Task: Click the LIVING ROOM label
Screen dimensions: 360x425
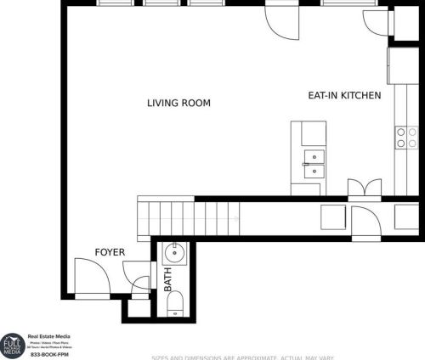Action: [x=178, y=104]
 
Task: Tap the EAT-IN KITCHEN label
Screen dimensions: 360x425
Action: [x=344, y=96]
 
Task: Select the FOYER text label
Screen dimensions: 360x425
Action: [x=110, y=252]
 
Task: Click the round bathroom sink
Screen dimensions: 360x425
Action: [x=173, y=252]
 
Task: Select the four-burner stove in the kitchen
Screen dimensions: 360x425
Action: [x=406, y=138]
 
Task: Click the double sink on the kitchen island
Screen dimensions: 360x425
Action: [x=313, y=163]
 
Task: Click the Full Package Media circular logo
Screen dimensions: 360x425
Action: [x=13, y=346]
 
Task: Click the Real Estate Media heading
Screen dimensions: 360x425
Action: [x=50, y=336]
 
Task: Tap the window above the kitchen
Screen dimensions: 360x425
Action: [x=342, y=3]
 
